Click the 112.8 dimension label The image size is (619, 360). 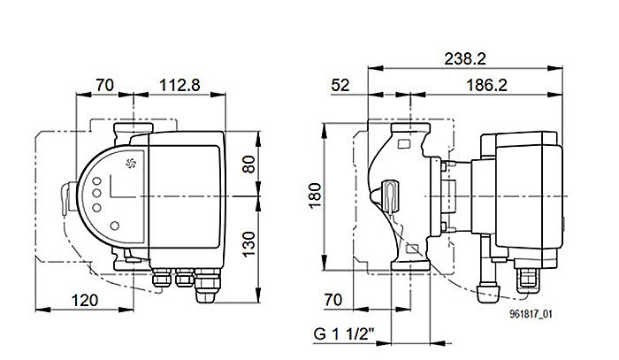click(179, 86)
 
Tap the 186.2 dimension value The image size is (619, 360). click(491, 86)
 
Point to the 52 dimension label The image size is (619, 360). click(340, 86)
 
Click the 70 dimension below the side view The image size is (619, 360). click(332, 301)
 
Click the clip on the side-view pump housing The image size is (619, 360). click(389, 192)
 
